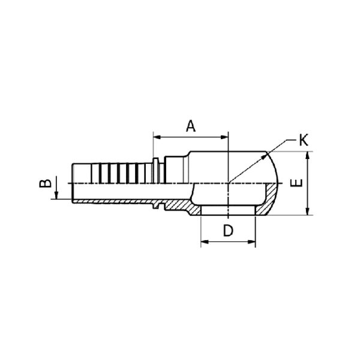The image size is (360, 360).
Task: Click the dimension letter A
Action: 191,126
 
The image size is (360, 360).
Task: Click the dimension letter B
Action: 45,184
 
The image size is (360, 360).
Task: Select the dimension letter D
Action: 228,230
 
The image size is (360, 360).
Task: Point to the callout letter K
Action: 304,140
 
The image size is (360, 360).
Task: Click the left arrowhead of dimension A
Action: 157,137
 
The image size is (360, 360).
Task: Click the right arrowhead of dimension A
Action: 224,137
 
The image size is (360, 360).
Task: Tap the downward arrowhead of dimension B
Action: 56,195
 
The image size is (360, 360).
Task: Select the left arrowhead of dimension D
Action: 205,242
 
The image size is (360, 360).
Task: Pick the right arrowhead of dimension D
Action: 251,242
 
